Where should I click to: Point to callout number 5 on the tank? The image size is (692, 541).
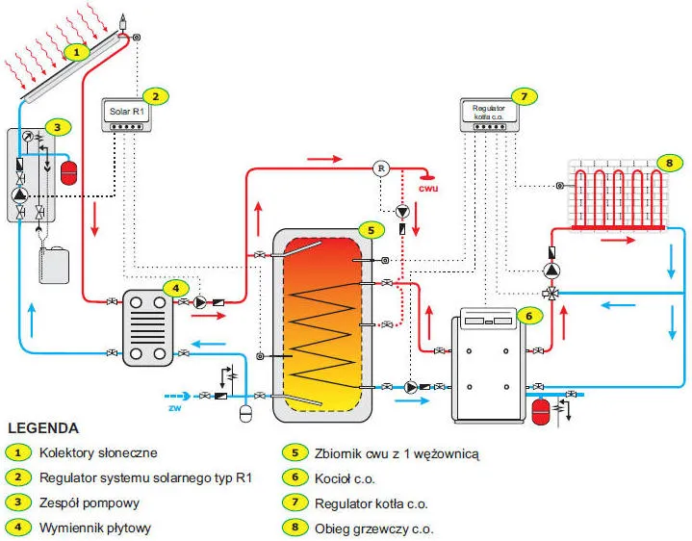[x=369, y=230]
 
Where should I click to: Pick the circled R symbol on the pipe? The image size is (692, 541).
[x=381, y=167]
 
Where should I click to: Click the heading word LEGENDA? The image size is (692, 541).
[x=43, y=427]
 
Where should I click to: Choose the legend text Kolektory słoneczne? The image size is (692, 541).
[x=98, y=451]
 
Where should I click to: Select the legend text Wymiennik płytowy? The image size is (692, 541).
[x=95, y=528]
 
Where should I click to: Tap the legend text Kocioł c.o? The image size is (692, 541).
[x=344, y=477]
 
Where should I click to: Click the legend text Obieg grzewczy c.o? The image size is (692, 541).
[x=373, y=528]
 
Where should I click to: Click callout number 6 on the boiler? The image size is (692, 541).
[x=528, y=314]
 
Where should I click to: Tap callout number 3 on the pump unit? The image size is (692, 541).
[x=58, y=126]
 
